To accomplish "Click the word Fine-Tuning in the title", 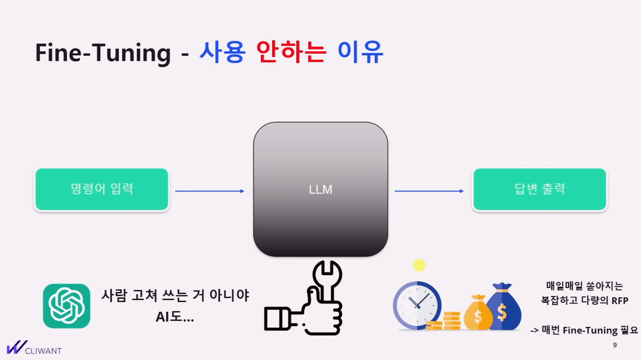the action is click(103, 53).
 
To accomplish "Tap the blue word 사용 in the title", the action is click(222, 52).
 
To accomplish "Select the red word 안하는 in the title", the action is click(291, 52).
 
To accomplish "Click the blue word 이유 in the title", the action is click(360, 52).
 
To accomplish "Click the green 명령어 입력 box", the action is click(102, 189).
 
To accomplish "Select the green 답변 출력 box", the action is click(540, 189).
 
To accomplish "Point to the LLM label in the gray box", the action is click(320, 190).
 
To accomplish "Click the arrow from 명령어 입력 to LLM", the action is click(210, 191).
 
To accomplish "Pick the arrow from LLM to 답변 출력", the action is click(429, 191).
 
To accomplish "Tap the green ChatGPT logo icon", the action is click(67, 306).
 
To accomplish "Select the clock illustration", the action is click(417, 305).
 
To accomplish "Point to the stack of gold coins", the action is click(445, 321).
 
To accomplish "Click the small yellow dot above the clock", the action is click(419, 265).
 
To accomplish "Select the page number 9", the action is click(615, 345).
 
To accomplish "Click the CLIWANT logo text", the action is click(43, 351).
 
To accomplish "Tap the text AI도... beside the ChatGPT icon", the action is click(175, 317).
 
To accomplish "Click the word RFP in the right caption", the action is click(620, 301).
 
